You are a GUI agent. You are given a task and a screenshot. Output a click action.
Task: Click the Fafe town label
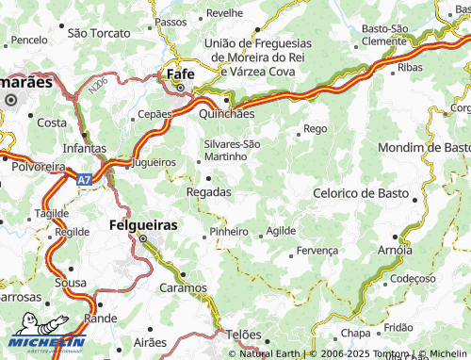180,73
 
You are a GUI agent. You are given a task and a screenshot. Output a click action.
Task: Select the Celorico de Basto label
366,192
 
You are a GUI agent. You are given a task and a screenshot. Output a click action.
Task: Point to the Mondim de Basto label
423,148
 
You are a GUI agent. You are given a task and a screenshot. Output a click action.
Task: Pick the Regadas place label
209,191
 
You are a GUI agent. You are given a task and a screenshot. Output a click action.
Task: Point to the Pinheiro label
229,231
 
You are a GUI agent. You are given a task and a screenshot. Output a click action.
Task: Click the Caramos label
183,287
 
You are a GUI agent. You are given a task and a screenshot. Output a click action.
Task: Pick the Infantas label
84,149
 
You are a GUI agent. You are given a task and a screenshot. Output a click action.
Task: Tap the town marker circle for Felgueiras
143,239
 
